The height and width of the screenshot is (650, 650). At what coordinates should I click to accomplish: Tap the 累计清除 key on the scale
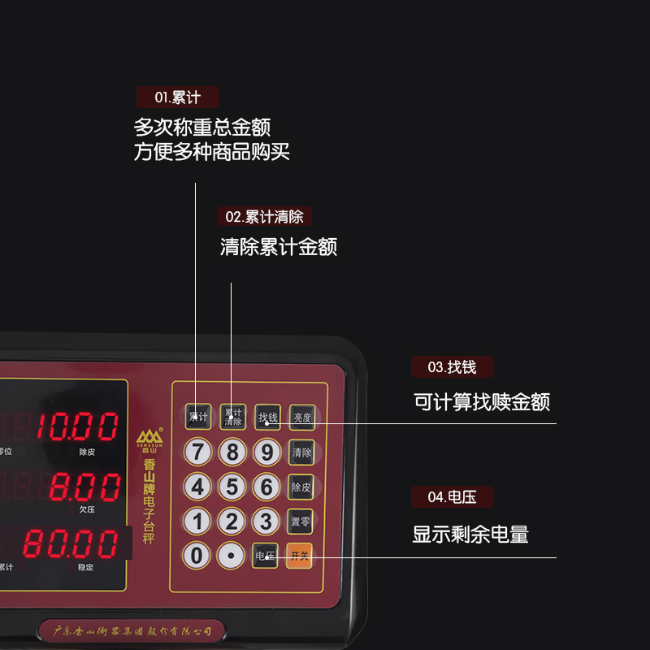click(232, 417)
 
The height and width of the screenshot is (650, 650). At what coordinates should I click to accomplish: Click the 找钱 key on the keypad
click(267, 417)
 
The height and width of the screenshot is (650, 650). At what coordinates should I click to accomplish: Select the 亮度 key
click(301, 417)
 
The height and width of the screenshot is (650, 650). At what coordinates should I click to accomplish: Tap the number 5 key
click(232, 487)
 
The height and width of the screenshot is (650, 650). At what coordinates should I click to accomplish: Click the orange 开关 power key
click(300, 556)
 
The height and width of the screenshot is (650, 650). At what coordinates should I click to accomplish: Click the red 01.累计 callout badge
click(178, 97)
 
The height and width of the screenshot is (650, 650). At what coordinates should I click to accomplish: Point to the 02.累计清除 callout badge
click(264, 217)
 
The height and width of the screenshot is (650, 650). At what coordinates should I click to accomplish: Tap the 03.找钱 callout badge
click(452, 367)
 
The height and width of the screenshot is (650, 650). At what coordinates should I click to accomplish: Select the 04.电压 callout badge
click(452, 496)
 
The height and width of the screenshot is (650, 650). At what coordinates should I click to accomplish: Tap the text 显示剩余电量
click(470, 535)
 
